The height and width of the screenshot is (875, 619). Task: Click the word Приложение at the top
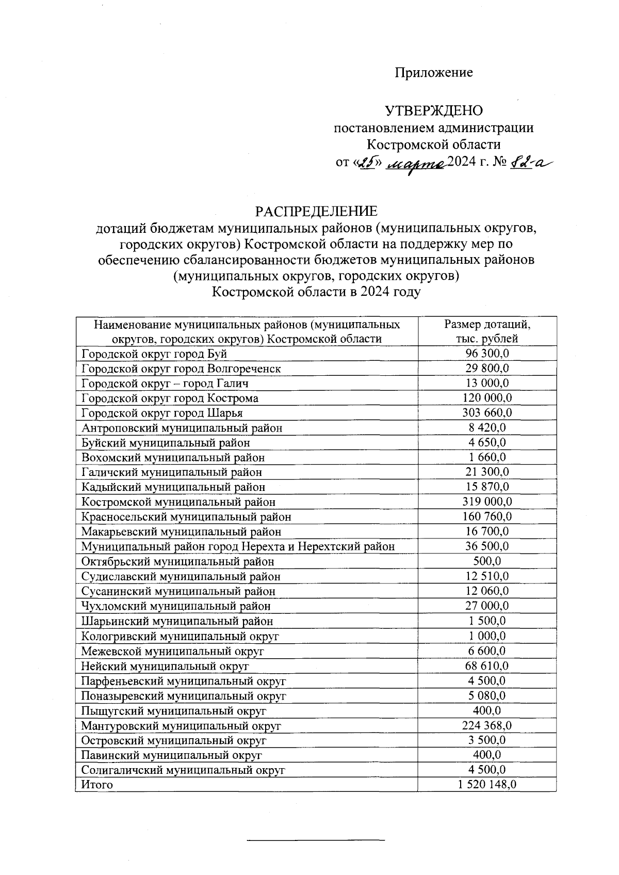(x=434, y=73)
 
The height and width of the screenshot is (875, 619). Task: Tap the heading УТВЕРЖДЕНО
(x=434, y=111)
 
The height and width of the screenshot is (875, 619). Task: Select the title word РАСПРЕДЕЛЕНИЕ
(x=316, y=212)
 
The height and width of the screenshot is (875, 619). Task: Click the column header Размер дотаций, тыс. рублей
(x=487, y=331)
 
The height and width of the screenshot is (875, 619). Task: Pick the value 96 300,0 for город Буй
(x=487, y=354)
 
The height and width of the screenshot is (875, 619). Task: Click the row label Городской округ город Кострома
(x=170, y=399)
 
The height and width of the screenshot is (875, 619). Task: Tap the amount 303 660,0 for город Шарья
(x=487, y=413)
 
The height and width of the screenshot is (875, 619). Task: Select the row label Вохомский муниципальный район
(x=173, y=458)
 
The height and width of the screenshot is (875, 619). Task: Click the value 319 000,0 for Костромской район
(x=487, y=502)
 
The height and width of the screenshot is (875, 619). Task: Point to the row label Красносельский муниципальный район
(x=186, y=517)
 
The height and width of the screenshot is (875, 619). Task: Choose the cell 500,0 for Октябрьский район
(x=487, y=561)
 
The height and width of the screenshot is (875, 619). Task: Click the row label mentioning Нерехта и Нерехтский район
(x=238, y=546)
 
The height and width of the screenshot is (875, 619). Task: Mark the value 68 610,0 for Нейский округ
(x=487, y=666)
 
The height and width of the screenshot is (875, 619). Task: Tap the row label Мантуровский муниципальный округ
(x=181, y=726)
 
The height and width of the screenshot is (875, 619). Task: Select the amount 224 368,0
(x=487, y=725)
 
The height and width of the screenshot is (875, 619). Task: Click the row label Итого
(x=97, y=785)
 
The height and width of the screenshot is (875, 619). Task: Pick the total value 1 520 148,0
(x=487, y=785)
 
